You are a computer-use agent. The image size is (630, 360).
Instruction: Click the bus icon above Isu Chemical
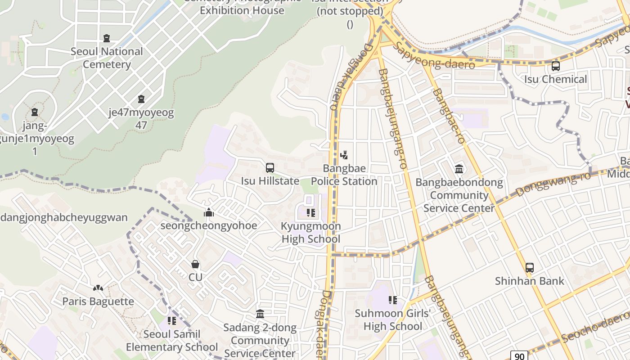click(555, 66)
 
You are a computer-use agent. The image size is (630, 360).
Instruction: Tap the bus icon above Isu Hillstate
click(270, 168)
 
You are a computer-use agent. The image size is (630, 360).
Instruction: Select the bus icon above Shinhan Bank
click(530, 268)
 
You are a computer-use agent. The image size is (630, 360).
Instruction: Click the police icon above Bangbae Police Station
click(344, 155)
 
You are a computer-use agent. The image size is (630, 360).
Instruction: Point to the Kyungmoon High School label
click(310, 232)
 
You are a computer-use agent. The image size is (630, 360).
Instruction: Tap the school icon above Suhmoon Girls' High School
click(392, 300)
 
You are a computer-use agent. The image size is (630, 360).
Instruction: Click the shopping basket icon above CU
click(195, 264)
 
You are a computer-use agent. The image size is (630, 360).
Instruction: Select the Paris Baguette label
click(98, 301)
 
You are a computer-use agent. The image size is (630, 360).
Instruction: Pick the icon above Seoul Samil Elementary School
click(171, 321)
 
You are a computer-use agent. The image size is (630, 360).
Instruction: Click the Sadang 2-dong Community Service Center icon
click(260, 314)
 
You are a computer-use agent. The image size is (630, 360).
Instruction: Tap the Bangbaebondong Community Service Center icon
click(459, 169)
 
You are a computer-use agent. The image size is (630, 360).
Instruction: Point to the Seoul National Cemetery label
click(107, 58)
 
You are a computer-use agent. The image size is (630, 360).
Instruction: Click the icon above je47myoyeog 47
click(141, 99)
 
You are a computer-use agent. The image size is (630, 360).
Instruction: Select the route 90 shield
click(519, 356)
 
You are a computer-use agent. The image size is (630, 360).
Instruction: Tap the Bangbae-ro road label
click(449, 116)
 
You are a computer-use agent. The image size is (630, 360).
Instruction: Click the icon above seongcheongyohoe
click(209, 212)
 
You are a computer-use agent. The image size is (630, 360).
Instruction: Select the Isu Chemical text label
click(555, 79)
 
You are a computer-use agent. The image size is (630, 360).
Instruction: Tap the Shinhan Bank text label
click(529, 281)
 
